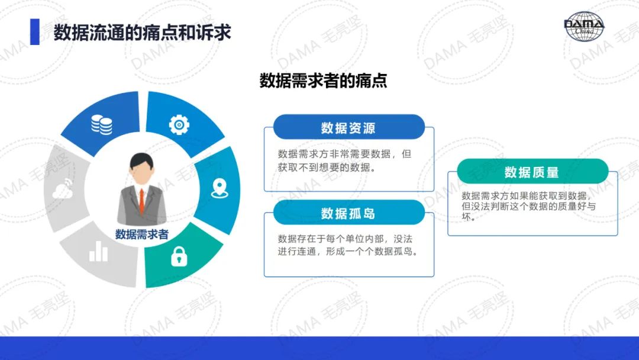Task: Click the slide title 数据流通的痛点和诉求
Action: [142, 33]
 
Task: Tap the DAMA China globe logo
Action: [584, 27]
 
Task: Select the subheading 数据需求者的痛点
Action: [323, 81]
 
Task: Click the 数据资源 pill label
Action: [348, 128]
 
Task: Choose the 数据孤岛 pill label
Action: [348, 213]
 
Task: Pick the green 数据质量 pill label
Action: [532, 172]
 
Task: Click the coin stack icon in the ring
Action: [102, 124]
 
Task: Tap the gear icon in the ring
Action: [179, 125]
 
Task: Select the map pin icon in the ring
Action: [220, 188]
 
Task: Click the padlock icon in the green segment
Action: [179, 256]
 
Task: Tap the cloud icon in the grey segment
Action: [63, 189]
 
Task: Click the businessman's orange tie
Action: [142, 201]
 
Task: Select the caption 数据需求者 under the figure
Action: [142, 234]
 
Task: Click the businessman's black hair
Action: [141, 161]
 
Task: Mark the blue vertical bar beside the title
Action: [35, 32]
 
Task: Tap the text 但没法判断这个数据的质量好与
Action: [528, 206]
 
